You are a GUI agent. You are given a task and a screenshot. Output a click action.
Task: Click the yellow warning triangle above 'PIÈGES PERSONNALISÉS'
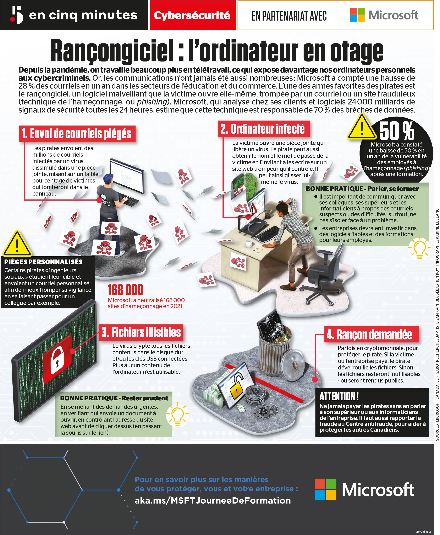17,244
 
